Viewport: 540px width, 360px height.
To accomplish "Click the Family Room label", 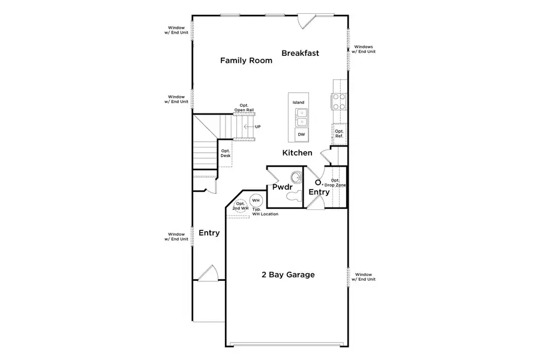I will pyautogui.click(x=242, y=61).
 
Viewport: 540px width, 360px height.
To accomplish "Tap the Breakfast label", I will pyautogui.click(x=300, y=53).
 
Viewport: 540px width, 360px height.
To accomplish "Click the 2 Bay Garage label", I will pyautogui.click(x=288, y=275).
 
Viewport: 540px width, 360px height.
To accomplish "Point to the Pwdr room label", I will pyautogui.click(x=281, y=188).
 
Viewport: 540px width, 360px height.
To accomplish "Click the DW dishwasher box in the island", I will pyautogui.click(x=301, y=135).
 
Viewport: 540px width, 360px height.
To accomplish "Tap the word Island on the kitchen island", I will pyautogui.click(x=298, y=103).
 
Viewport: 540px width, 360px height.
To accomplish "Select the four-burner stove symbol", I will pyautogui.click(x=339, y=101).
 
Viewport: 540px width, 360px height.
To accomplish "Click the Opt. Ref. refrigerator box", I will pyautogui.click(x=339, y=133).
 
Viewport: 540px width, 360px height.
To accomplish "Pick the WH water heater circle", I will pyautogui.click(x=256, y=200).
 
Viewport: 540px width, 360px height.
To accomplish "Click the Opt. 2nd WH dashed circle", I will pyautogui.click(x=240, y=206).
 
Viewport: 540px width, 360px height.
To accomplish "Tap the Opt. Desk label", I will pyautogui.click(x=225, y=154).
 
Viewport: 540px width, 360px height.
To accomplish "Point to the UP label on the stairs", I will pyautogui.click(x=258, y=127).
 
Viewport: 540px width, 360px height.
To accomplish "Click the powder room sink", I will pyautogui.click(x=295, y=177).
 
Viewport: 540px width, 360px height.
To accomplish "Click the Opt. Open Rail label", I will pyautogui.click(x=244, y=108).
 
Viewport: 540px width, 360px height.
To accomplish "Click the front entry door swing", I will pyautogui.click(x=208, y=273).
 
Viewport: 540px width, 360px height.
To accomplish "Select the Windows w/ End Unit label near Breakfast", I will pyautogui.click(x=364, y=49).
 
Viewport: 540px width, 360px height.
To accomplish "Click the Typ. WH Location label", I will pyautogui.click(x=265, y=212).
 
